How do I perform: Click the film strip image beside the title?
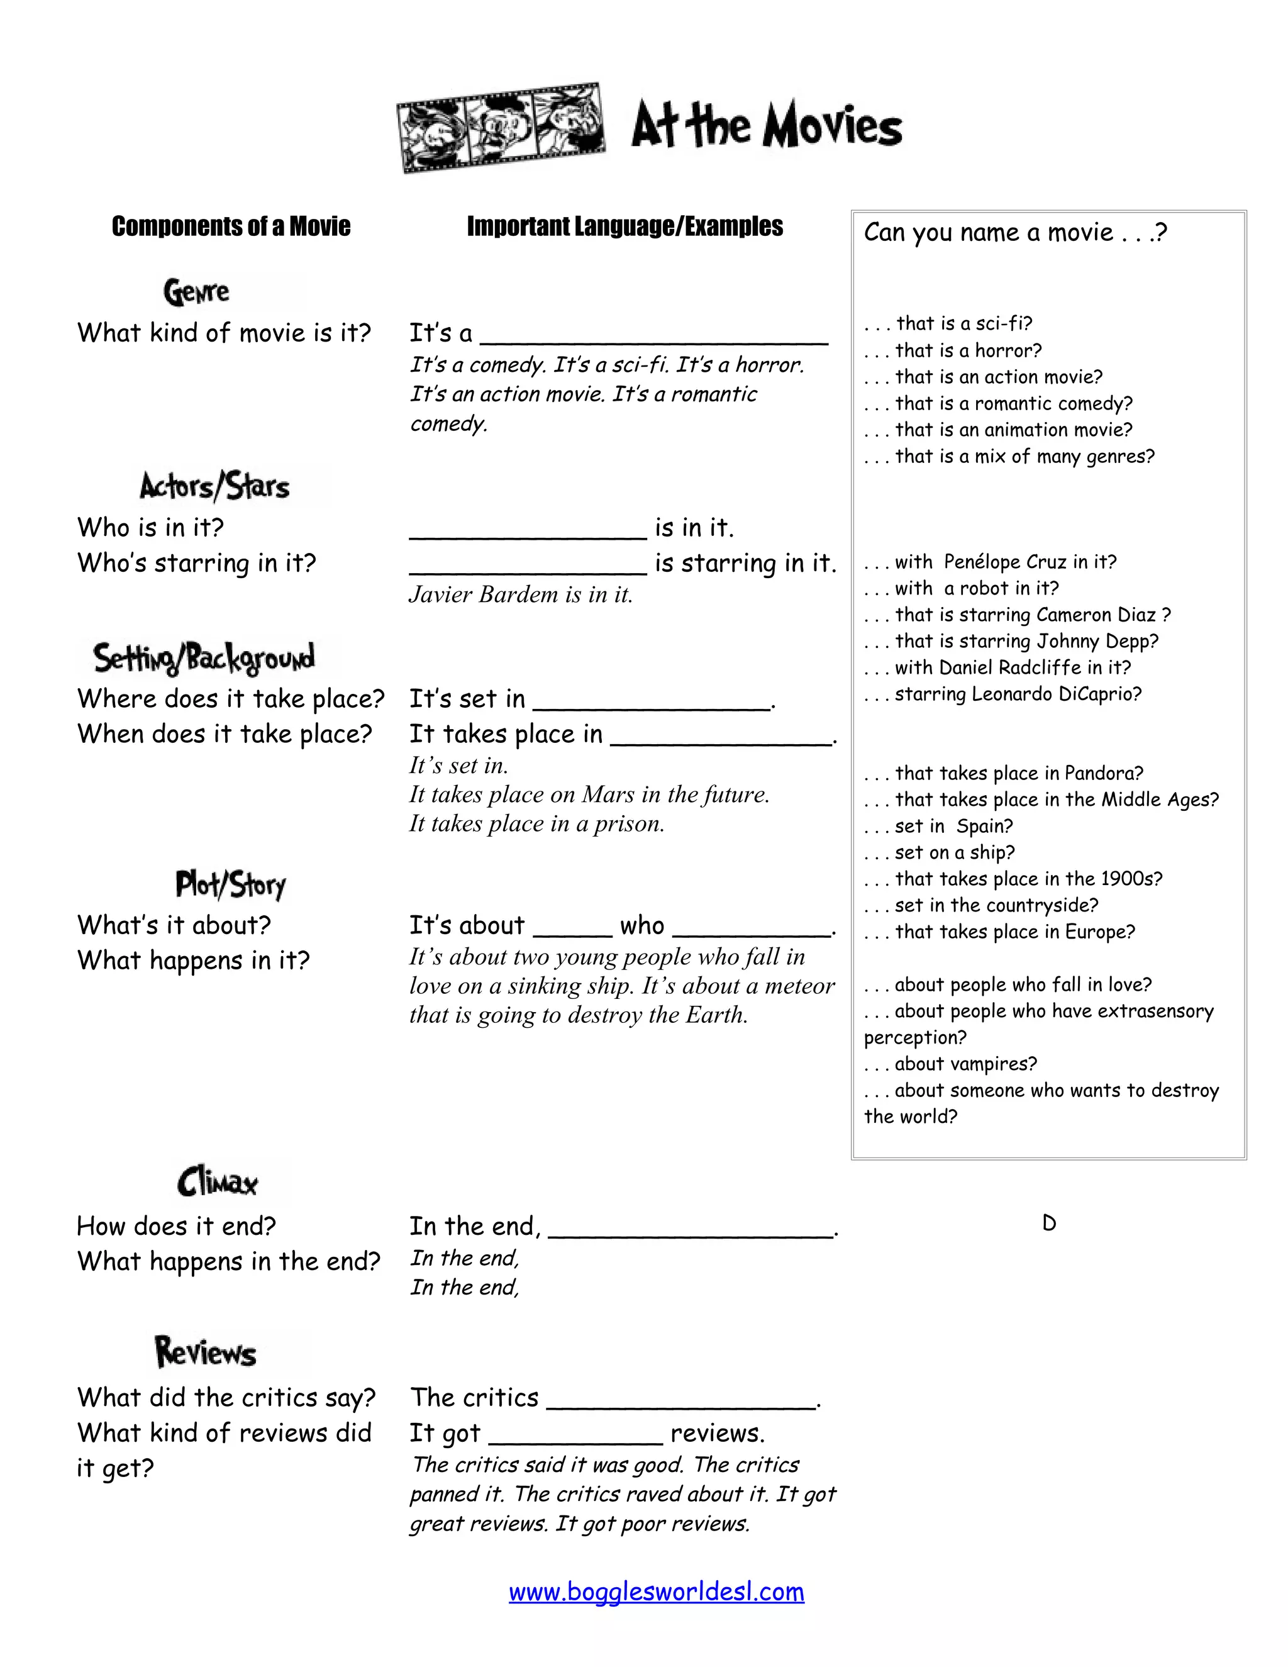[501, 128]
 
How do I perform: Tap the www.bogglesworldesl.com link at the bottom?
[656, 1592]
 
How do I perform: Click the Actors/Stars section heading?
[214, 486]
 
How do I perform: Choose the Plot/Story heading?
[230, 884]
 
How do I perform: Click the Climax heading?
[218, 1183]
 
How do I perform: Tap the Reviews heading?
[206, 1352]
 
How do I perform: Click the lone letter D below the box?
[1049, 1224]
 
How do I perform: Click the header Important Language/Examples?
[624, 226]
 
